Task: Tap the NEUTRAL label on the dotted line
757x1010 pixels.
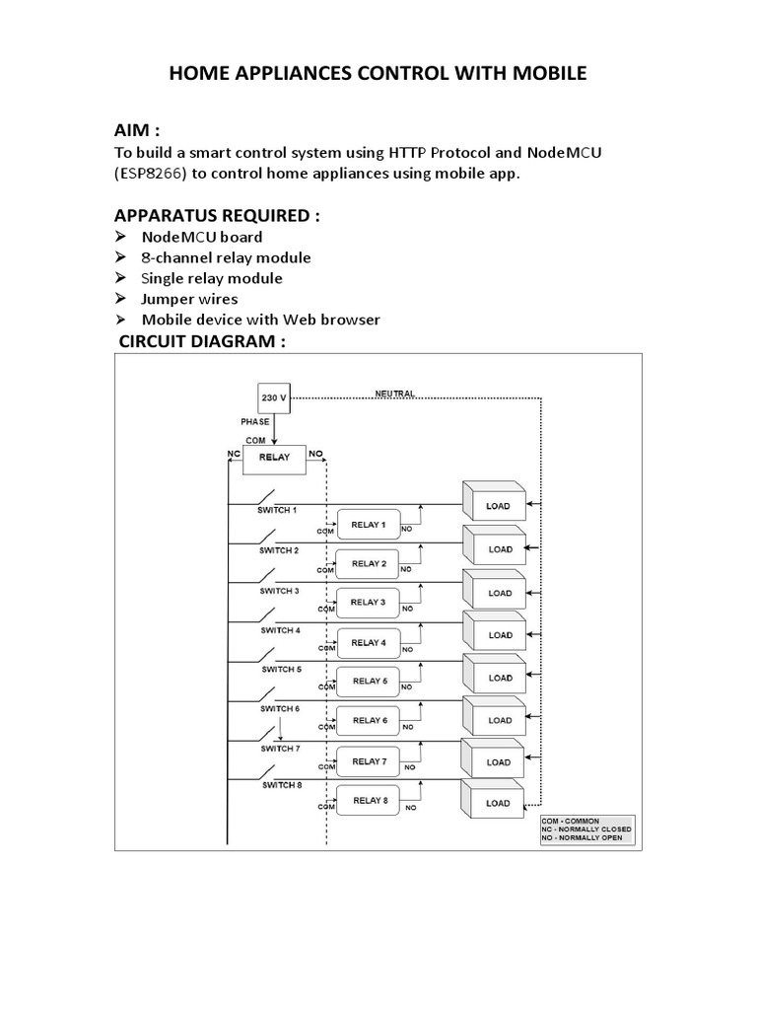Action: point(395,393)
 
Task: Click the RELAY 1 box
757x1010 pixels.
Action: point(369,524)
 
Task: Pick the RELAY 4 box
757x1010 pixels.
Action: point(369,642)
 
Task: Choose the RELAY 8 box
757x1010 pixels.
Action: point(369,800)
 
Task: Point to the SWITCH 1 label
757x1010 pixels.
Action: point(279,510)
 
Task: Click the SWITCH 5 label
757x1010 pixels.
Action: point(281,669)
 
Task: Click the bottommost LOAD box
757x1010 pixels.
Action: point(497,803)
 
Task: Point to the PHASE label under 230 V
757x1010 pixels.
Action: point(255,421)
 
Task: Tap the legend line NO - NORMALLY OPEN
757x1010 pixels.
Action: point(582,838)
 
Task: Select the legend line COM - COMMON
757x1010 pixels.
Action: point(569,821)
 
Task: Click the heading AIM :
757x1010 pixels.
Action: point(138,132)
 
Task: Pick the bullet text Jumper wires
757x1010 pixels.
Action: point(189,299)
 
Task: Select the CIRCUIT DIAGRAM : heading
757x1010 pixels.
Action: point(201,341)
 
